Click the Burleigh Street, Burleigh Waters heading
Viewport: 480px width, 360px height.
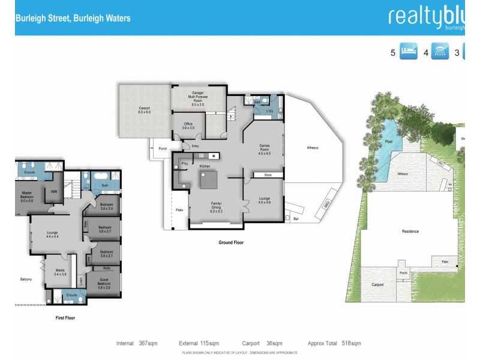(73, 18)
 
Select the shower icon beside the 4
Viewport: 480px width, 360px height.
(441, 52)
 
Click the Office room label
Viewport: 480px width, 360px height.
(188, 125)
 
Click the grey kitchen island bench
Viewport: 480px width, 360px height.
(209, 179)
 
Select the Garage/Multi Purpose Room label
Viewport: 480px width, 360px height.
(197, 98)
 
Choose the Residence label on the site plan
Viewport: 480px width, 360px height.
(410, 231)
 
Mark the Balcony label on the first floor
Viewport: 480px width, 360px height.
(26, 280)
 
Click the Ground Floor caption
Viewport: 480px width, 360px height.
(231, 242)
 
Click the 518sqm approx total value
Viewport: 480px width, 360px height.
(351, 344)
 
